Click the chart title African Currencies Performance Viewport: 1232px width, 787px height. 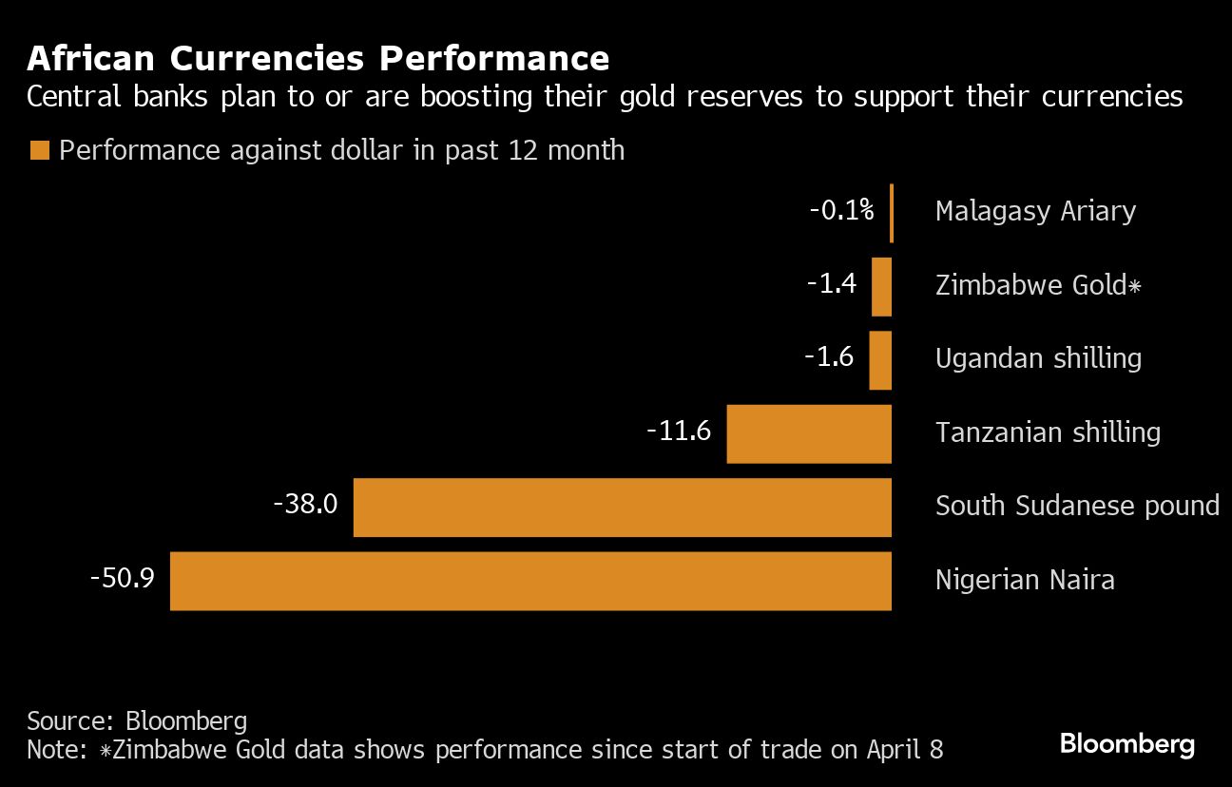coord(318,59)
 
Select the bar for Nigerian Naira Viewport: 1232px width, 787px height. coord(530,581)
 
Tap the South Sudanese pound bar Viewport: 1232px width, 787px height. coord(622,508)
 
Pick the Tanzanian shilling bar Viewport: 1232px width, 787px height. coord(809,434)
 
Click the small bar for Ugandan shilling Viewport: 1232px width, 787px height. coord(880,360)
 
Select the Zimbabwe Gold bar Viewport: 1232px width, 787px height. coord(881,287)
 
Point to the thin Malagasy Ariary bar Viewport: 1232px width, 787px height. coord(891,213)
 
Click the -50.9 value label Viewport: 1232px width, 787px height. coord(122,578)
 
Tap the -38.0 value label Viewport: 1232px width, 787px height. coord(305,504)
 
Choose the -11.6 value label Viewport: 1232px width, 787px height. coord(679,431)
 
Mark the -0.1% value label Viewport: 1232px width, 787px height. coord(841,210)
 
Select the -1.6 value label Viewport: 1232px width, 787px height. coord(829,357)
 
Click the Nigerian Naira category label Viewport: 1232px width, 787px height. coord(1025,580)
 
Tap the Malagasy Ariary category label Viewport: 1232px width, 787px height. coord(1035,211)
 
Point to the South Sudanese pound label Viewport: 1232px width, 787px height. coord(1077,506)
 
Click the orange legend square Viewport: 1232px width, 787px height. coord(39,150)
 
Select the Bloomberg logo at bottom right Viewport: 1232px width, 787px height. coord(1126,743)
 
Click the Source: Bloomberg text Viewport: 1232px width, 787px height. coord(137,720)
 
